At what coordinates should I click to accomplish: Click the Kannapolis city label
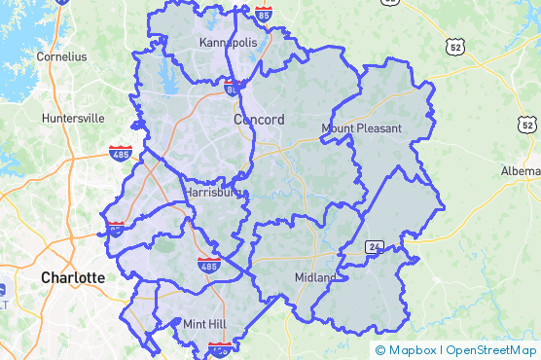pos(228,43)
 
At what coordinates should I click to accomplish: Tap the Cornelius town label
pos(61,56)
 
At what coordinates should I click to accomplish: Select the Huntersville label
pos(73,118)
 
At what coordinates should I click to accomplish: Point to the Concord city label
pos(259,120)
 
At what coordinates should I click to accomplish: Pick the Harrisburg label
pos(216,193)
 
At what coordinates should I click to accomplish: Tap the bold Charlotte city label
pos(72,277)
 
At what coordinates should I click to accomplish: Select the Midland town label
pos(315,277)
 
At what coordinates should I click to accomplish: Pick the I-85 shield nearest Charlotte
pos(115,230)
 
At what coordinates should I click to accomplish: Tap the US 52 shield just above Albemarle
pos(526,125)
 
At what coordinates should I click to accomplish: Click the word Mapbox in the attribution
pos(413,350)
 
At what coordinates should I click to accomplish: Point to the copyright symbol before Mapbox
pos(380,350)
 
